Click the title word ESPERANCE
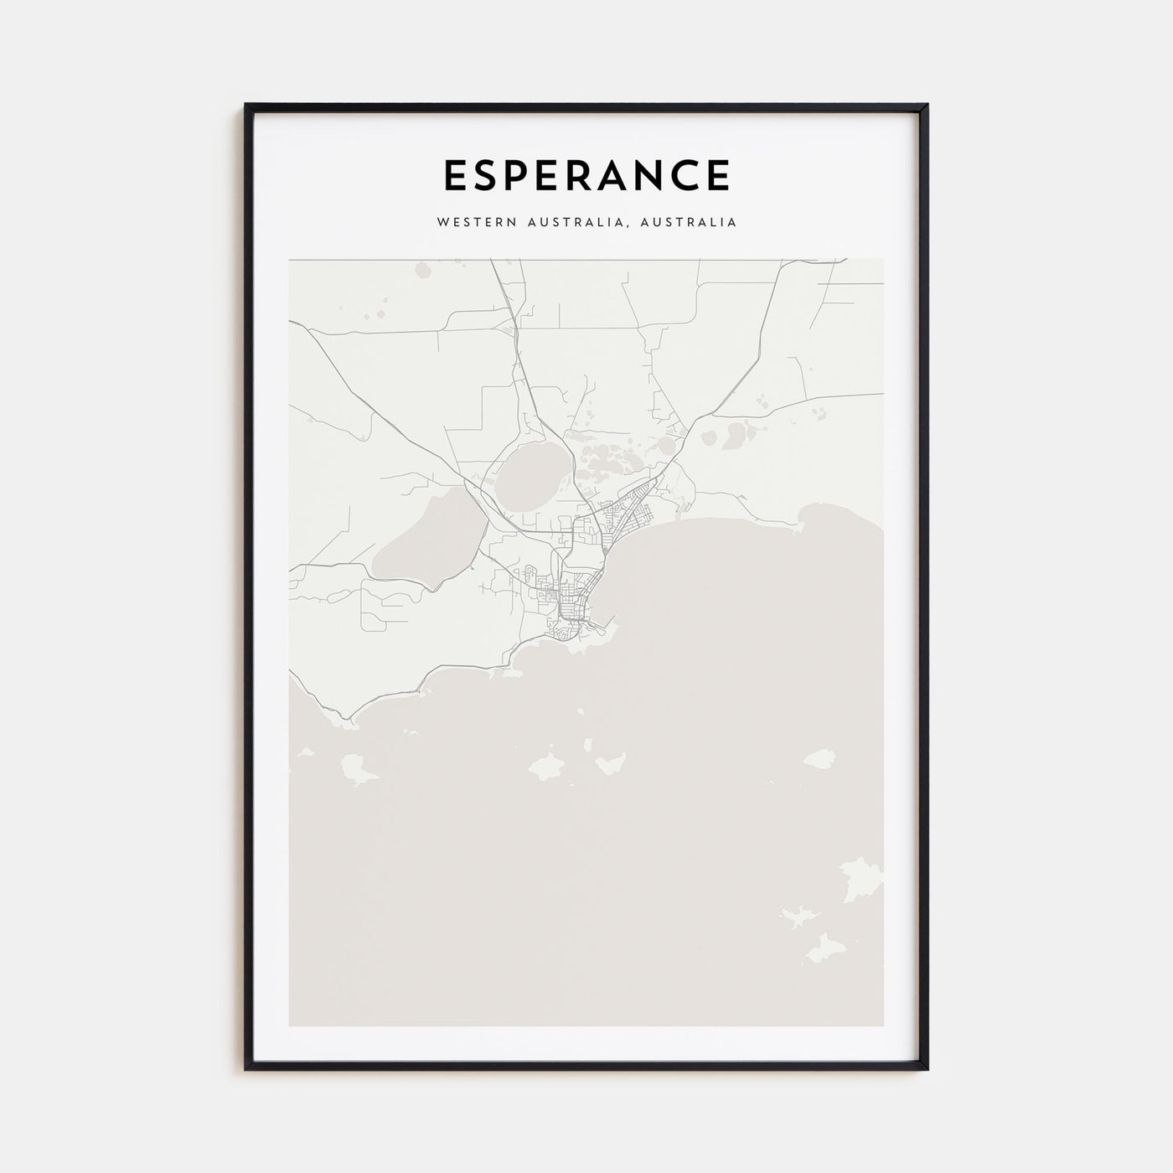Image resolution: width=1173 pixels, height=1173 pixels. [586, 175]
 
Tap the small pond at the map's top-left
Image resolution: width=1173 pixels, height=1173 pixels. [421, 270]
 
